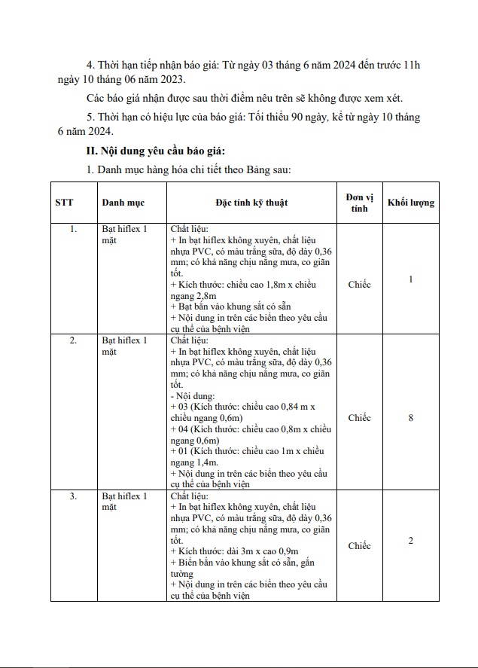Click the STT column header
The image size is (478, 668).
click(63, 203)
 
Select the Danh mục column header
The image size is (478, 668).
click(123, 203)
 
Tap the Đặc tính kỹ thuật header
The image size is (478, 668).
click(251, 203)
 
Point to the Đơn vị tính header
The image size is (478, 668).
click(359, 202)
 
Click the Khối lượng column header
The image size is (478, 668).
click(410, 203)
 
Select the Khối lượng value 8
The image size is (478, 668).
click(410, 418)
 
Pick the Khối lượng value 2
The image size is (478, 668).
click(410, 541)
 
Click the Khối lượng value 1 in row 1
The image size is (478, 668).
click(410, 279)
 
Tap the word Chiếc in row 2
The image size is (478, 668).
click(359, 418)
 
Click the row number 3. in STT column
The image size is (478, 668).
click(73, 496)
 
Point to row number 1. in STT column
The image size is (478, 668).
click(73, 229)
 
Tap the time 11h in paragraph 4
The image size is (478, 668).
click(412, 66)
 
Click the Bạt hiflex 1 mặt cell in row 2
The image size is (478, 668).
click(125, 346)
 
